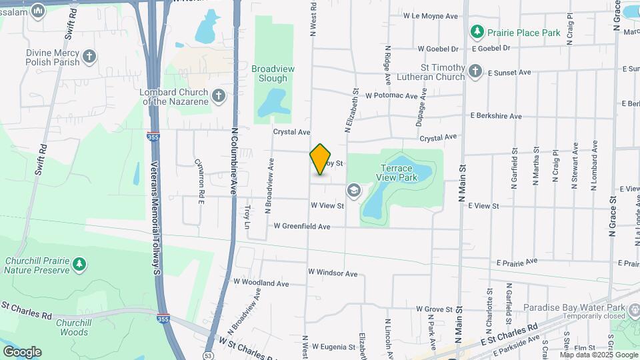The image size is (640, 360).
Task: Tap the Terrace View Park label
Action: [x=399, y=173]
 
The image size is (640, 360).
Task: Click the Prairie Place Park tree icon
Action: [x=477, y=31]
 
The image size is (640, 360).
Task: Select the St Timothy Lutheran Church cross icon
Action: [x=475, y=71]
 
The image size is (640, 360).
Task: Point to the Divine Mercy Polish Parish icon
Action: [x=89, y=56]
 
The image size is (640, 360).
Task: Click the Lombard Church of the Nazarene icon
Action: [x=218, y=97]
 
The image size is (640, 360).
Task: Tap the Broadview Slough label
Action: [x=269, y=73]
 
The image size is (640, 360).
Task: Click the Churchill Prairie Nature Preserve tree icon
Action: [x=80, y=265]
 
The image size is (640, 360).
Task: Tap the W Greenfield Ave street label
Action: [x=303, y=227]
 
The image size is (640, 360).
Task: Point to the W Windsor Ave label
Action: [x=333, y=273]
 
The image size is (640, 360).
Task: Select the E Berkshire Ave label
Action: [x=496, y=116]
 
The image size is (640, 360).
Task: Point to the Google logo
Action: [x=21, y=352]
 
